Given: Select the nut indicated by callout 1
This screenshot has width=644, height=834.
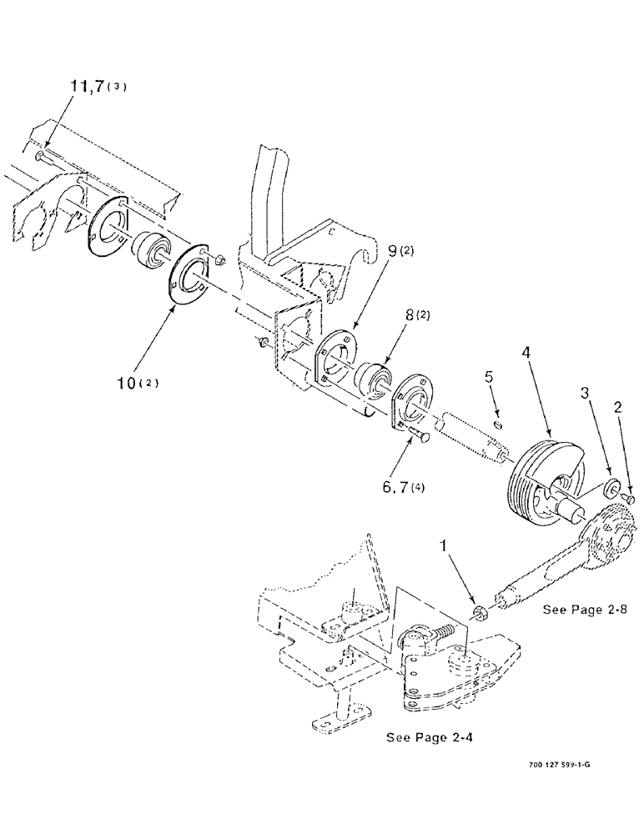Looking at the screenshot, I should (479, 614).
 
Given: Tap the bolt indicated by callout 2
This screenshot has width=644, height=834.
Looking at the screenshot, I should (630, 499).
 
